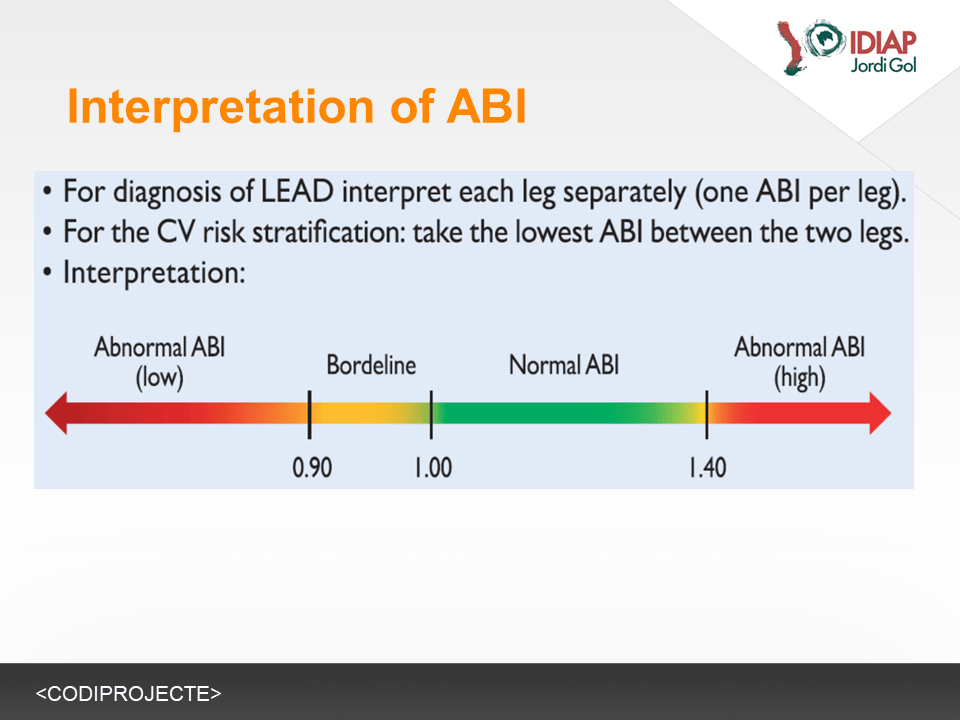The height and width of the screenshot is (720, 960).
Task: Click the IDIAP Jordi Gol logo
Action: click(x=847, y=48)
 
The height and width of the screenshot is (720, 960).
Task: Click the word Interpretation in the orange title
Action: click(x=221, y=107)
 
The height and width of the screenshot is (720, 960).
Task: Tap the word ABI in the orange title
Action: click(x=487, y=107)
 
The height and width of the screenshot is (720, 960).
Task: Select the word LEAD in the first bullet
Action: click(x=298, y=192)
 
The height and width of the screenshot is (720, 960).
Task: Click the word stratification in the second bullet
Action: click(x=329, y=232)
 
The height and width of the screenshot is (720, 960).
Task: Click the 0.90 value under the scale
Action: click(x=312, y=468)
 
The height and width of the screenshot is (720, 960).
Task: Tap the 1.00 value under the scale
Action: click(x=433, y=468)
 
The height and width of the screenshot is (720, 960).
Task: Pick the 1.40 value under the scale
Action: click(x=708, y=468)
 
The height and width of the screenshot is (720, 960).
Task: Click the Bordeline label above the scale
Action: click(x=371, y=365)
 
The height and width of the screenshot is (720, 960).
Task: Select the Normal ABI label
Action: click(x=564, y=365)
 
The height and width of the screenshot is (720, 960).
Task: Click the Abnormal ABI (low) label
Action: click(x=160, y=362)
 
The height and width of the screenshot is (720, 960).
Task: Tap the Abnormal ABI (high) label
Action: click(x=800, y=362)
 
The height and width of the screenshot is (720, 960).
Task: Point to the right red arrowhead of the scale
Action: click(x=880, y=413)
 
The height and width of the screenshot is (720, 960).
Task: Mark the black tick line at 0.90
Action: click(x=310, y=414)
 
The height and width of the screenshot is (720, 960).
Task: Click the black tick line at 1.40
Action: click(x=707, y=414)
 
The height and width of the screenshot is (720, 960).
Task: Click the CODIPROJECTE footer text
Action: click(x=129, y=694)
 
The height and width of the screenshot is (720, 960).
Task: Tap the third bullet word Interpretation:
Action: click(x=154, y=273)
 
